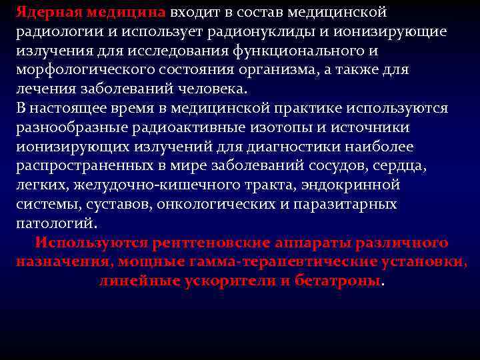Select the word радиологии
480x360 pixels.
(x=54, y=32)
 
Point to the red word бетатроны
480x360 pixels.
(x=339, y=280)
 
